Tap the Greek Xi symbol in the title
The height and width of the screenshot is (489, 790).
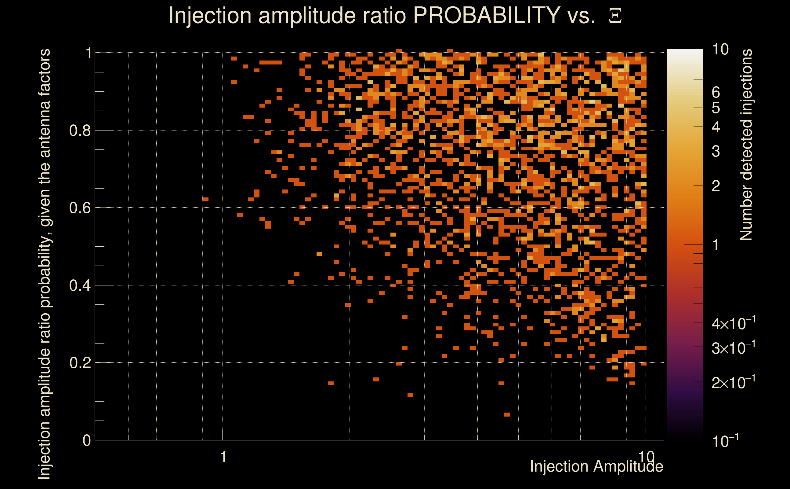[615, 16]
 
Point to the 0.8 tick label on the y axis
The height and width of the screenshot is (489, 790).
[80, 131]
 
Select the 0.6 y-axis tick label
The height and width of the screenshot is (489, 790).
[80, 208]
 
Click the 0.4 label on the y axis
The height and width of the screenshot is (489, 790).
[80, 285]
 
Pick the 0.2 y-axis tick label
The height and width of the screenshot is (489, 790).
[80, 363]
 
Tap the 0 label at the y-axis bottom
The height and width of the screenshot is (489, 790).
[87, 440]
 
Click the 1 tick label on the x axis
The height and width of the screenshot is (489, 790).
[223, 457]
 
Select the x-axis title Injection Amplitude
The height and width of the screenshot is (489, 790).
[596, 467]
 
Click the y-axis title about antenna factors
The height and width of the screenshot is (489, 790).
[44, 264]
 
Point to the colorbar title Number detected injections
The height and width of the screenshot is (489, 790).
[746, 145]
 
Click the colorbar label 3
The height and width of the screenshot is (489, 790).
[716, 151]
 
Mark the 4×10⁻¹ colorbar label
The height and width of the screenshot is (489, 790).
[734, 324]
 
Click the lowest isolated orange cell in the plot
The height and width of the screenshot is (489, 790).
[507, 415]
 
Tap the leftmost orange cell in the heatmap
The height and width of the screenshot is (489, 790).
[205, 199]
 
